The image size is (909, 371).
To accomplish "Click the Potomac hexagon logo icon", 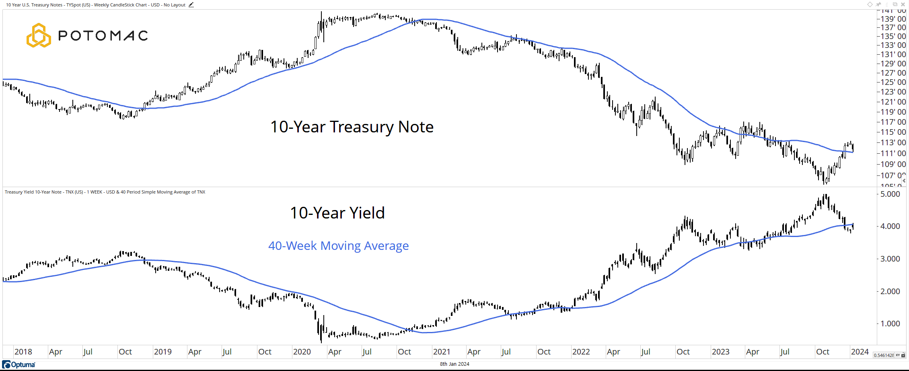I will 39,35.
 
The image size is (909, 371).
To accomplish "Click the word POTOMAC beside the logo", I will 103,36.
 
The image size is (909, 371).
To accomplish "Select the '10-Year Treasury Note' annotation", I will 352,127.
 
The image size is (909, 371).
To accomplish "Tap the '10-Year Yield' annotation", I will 337,213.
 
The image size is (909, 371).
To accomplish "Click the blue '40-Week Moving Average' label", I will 338,245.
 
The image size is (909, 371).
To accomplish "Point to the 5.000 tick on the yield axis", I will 890,194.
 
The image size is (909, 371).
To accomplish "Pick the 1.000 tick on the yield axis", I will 890,324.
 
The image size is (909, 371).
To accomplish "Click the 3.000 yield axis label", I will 890,259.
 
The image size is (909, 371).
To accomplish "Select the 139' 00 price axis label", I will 893,19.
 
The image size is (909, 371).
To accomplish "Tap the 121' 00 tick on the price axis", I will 893,102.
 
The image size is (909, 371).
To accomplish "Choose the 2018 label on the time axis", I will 23,352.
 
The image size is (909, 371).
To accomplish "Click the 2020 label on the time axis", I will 302,352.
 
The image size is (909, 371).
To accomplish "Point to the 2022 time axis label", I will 581,352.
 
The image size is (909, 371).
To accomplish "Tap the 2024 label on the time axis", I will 860,352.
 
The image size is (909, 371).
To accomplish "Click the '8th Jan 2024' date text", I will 455,364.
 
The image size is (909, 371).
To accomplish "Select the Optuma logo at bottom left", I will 19,365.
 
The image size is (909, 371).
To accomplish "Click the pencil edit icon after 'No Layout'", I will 191,5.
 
